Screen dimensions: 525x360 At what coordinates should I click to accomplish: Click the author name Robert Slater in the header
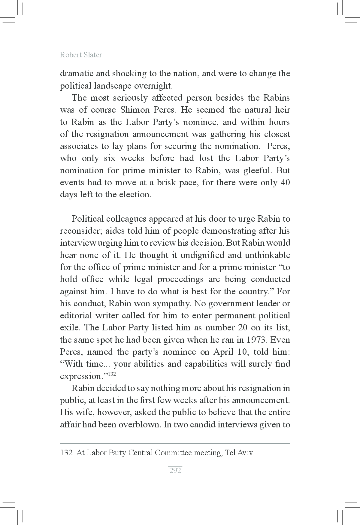coord(81,55)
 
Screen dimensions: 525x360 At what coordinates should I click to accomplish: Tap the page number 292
coord(175,470)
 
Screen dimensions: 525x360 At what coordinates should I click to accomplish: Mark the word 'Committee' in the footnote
coord(173,453)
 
